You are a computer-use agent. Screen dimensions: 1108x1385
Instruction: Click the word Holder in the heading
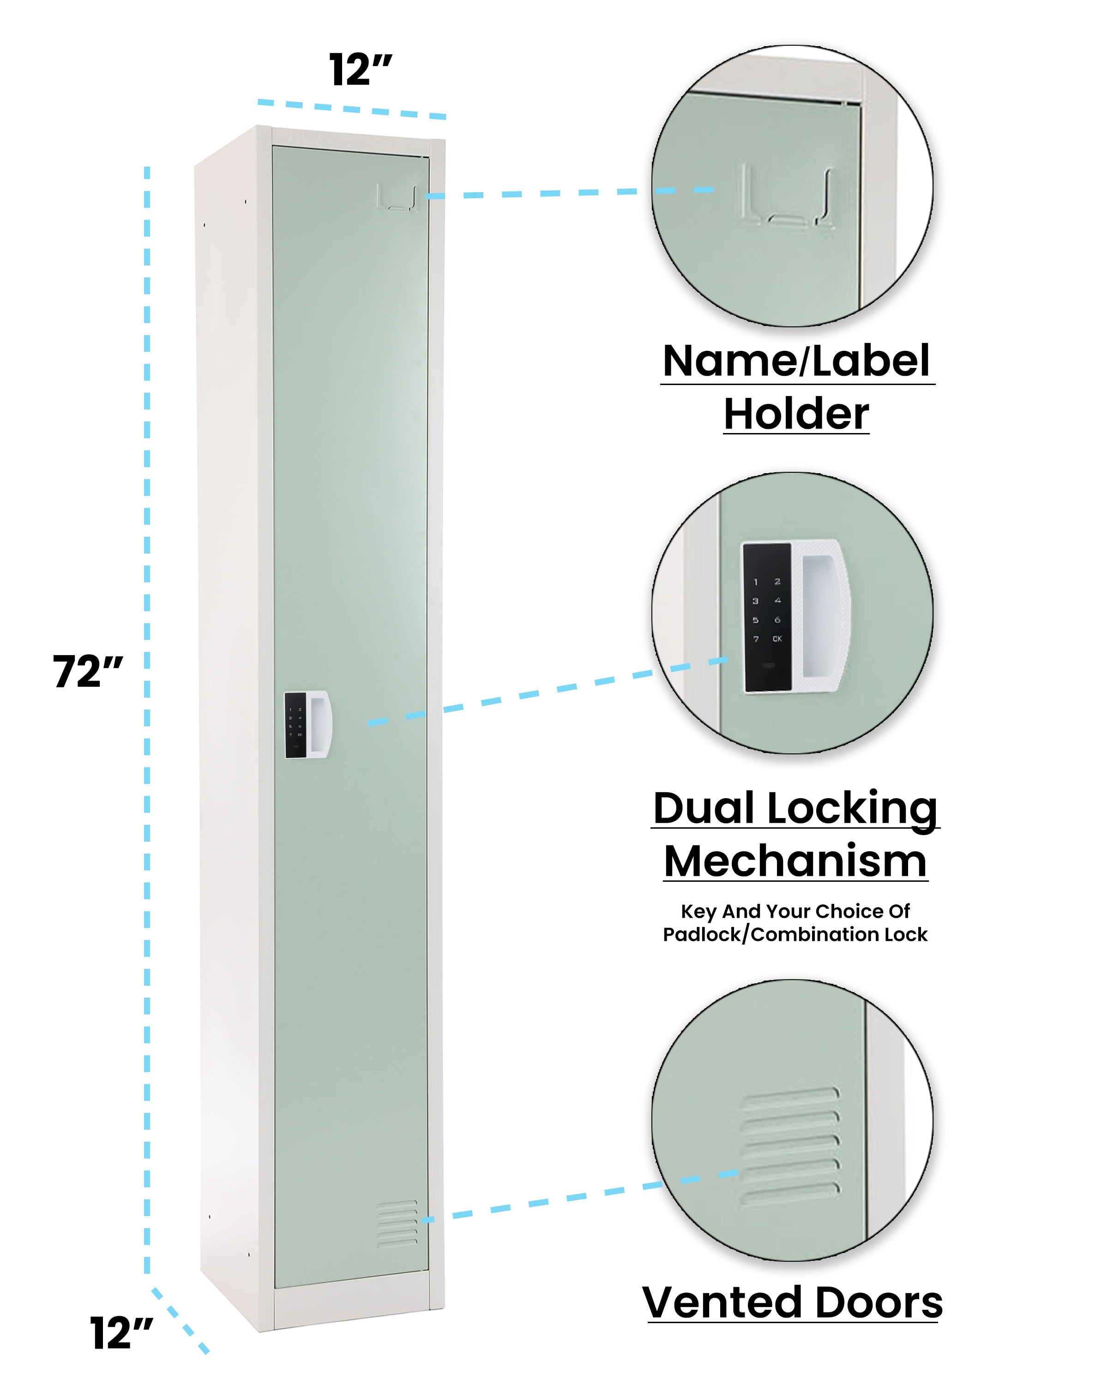click(x=796, y=414)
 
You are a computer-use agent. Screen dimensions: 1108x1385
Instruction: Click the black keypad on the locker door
click(x=295, y=725)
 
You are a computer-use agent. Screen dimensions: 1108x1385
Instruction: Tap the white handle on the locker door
click(x=319, y=724)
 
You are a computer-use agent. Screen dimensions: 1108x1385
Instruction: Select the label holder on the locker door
click(x=397, y=198)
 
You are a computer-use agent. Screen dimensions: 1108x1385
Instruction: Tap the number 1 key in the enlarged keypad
click(x=756, y=582)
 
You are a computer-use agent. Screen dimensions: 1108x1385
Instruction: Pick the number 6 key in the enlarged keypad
click(x=777, y=620)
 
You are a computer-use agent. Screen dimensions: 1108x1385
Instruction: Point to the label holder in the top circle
click(x=788, y=195)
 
